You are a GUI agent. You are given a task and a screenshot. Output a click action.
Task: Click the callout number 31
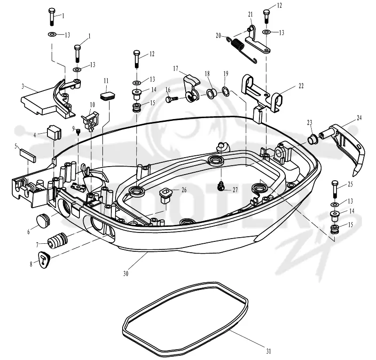[268, 351]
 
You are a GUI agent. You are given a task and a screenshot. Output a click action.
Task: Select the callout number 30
[126, 273]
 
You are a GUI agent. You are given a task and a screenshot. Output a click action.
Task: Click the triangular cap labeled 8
[44, 259]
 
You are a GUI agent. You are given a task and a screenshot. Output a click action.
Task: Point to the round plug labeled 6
[43, 220]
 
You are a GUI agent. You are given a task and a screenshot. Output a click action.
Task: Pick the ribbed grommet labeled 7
[57, 240]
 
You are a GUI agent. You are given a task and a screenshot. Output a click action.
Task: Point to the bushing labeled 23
[313, 139]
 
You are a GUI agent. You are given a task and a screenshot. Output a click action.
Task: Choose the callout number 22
[301, 86]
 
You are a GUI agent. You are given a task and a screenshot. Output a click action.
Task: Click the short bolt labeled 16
[172, 99]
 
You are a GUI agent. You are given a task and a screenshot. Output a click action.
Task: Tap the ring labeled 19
[226, 91]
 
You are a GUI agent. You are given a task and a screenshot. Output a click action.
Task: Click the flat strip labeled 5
[28, 155]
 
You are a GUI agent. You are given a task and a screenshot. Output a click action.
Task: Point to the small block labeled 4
[54, 132]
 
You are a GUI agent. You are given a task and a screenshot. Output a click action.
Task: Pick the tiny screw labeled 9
[78, 132]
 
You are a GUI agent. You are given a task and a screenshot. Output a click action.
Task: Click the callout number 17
[175, 69]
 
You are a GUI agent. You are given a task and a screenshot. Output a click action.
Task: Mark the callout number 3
[23, 86]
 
